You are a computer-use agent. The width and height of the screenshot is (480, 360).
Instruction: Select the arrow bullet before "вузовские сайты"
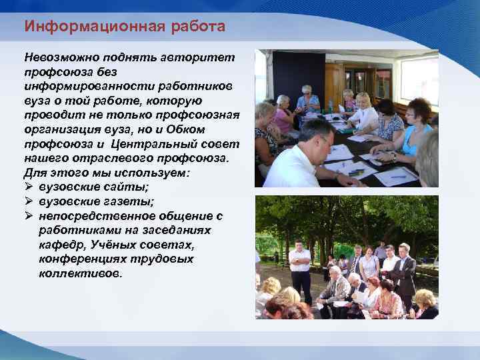[29, 187]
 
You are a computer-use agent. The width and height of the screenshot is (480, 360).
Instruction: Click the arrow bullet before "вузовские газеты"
[29, 202]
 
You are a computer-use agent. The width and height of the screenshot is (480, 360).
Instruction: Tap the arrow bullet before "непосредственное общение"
[29, 217]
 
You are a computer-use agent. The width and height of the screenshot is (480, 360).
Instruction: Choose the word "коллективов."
[81, 274]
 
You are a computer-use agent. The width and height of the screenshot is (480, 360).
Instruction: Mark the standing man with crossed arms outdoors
[300, 267]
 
